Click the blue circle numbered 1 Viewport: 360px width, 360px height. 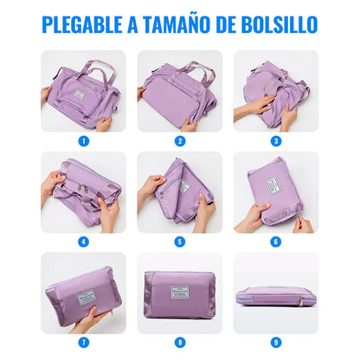(83, 140)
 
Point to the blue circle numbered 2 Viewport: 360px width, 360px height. (180, 140)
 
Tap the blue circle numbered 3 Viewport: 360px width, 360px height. (276, 140)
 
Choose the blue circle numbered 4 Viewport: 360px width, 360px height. (83, 241)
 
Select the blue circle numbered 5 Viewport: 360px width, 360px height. (180, 241)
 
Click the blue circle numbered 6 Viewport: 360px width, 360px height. (276, 241)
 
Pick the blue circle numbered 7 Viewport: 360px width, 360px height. (83, 343)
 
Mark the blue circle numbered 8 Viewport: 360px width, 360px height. (180, 343)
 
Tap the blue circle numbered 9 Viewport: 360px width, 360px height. (276, 343)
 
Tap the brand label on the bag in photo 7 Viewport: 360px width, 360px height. (87, 292)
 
